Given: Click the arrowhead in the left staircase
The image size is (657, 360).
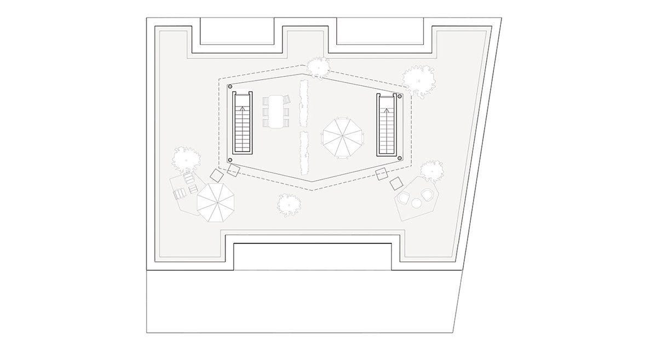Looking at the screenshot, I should (243, 108).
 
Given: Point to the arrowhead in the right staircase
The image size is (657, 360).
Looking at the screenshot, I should (387, 111).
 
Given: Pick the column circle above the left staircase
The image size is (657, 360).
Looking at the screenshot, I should (230, 87).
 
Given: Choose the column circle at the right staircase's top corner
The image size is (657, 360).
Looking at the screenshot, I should (400, 96).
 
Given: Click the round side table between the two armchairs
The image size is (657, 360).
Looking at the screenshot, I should (416, 203).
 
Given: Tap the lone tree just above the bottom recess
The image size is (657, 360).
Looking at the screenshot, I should (289, 204).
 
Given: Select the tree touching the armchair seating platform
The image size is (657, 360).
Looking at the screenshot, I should (432, 171).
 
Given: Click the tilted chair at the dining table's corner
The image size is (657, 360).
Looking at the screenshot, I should (286, 100).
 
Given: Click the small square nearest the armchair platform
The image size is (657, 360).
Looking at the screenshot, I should (396, 183).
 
